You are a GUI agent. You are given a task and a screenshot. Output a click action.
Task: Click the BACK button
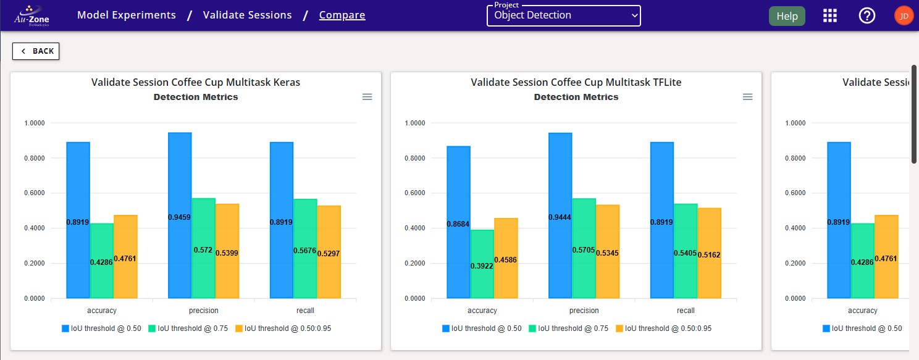[x=36, y=51]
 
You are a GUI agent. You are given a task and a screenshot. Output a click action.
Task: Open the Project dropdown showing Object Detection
[x=563, y=15]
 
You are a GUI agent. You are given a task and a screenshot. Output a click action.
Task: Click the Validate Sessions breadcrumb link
[x=247, y=15]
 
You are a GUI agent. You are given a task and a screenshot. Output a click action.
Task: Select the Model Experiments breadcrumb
[x=126, y=15]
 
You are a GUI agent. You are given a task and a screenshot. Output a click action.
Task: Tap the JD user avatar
[x=903, y=16]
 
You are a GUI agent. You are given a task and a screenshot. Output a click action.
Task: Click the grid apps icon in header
[x=830, y=16]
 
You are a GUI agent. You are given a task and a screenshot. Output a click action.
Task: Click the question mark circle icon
[x=867, y=16]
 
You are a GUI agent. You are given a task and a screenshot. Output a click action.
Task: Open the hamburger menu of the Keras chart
[x=367, y=97]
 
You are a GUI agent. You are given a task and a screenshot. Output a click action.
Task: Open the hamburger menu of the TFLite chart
[x=747, y=97]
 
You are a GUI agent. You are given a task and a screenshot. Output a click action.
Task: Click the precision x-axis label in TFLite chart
[x=584, y=311]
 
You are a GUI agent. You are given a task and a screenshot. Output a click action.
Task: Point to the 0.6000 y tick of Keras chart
[x=35, y=193]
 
